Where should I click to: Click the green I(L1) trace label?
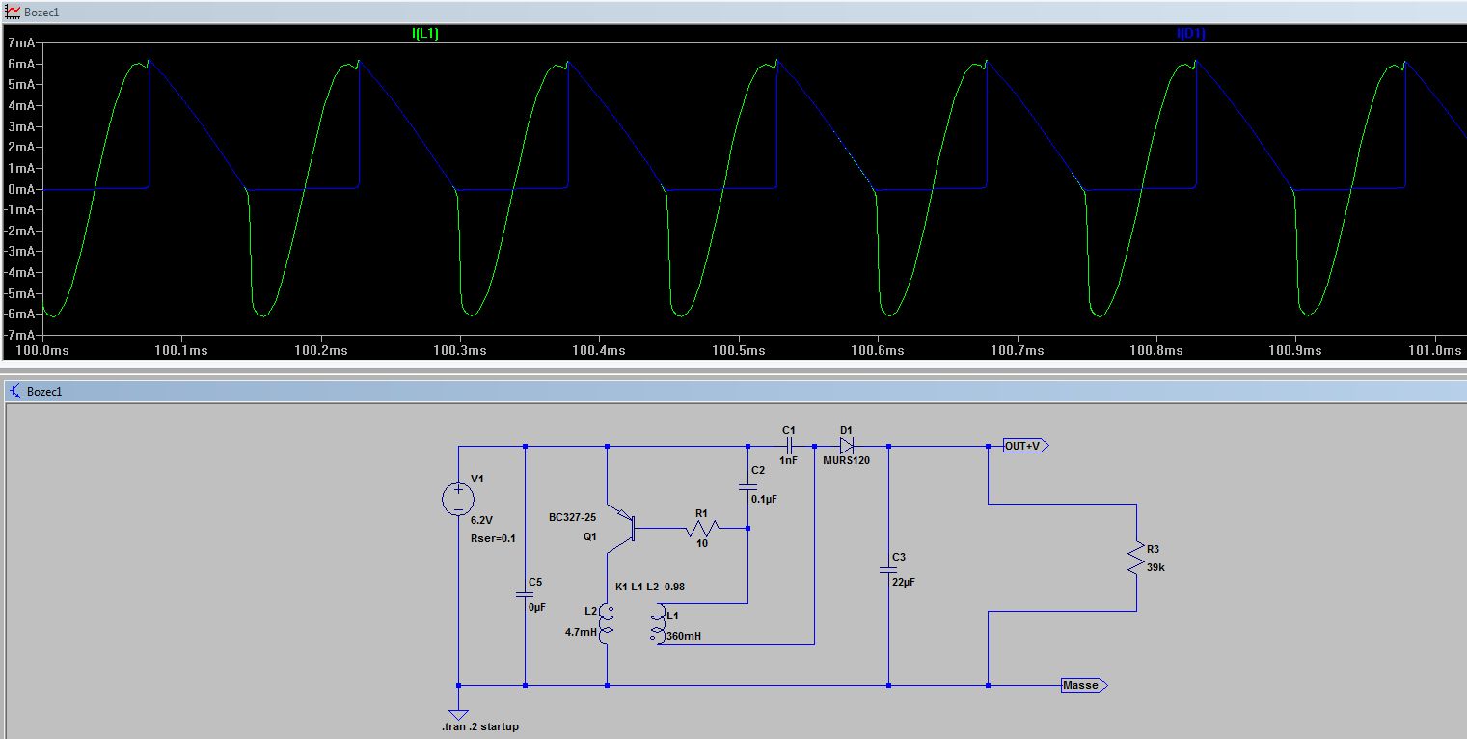click(425, 34)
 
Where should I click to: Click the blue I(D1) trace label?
click(1190, 34)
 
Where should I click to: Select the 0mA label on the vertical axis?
click(21, 189)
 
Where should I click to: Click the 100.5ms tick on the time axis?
click(738, 350)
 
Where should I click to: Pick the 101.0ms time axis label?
click(1435, 350)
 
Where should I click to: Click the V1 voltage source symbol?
click(458, 499)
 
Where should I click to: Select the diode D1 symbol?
click(846, 446)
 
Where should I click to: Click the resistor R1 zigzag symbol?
click(702, 528)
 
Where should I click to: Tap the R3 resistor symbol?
click(1136, 559)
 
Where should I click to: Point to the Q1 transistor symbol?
click(622, 528)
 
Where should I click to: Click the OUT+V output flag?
click(1025, 446)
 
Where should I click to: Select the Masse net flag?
click(1084, 685)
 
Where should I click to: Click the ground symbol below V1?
click(458, 714)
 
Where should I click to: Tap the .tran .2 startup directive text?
click(480, 726)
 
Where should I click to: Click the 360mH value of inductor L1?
click(684, 636)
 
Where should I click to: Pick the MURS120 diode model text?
click(846, 460)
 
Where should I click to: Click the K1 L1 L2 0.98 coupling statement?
click(650, 587)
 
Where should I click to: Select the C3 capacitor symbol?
click(888, 570)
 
